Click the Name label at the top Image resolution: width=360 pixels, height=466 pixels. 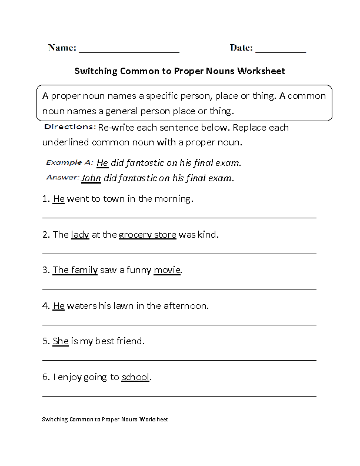62,48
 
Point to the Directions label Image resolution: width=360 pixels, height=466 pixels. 69,127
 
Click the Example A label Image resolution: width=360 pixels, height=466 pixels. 69,162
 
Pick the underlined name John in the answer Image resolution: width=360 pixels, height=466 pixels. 91,178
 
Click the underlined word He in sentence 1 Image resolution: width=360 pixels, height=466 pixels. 58,199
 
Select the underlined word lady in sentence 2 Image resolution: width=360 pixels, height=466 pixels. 80,235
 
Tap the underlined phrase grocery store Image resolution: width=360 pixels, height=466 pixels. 147,235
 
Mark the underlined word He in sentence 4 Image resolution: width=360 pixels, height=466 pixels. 58,306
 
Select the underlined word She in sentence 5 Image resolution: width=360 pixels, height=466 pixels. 61,341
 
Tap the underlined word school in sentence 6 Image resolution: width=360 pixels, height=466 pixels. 135,377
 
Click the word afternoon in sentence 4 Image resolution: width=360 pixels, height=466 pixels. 187,306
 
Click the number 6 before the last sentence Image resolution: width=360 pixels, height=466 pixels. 45,377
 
